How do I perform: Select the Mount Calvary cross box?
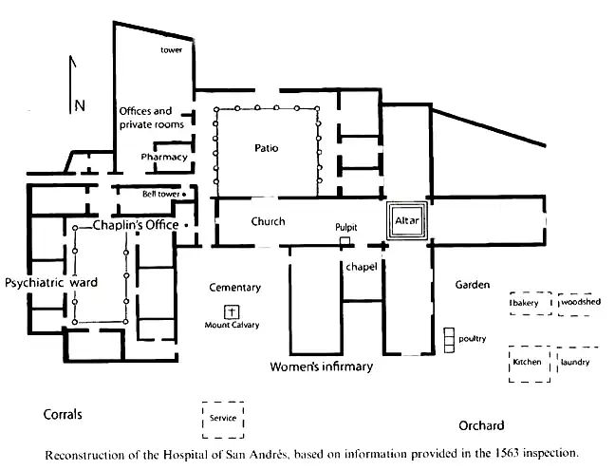point(230,311)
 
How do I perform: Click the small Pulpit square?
point(345,241)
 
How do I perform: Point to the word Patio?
point(267,148)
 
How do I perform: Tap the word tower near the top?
point(171,50)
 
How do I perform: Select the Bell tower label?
point(161,194)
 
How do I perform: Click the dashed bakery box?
point(527,303)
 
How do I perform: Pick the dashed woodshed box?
point(579,303)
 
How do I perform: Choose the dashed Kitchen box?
point(527,364)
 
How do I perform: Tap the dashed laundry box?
point(577,363)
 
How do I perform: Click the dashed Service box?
point(223,419)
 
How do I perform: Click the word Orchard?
point(481,425)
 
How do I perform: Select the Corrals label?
point(63,415)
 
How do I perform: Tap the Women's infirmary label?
point(322,367)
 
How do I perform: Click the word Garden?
point(472,285)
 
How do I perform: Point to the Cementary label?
point(235,288)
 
